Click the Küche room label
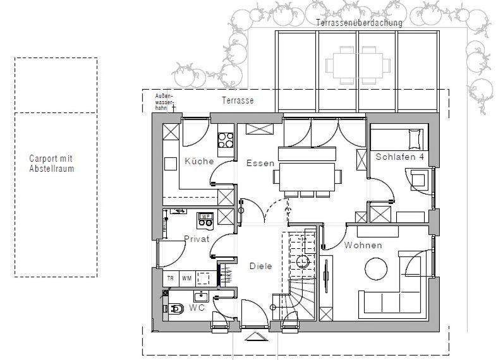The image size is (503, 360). pos(199,161)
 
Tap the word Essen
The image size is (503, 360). pos(260,163)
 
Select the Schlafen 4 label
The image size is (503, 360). pos(400,157)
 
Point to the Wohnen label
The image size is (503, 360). pos(363,245)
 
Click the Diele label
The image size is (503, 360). pos(260,266)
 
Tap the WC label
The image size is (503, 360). pos(197,308)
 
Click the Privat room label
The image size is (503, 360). pos(197,239)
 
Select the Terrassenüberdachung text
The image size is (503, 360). pos(359,23)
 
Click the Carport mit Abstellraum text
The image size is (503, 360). pos(51,164)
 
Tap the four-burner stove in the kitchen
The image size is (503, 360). pos(226,140)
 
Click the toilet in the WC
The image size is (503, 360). pos(176,309)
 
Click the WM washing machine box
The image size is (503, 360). pos(186,279)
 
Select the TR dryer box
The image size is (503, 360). pos(171,279)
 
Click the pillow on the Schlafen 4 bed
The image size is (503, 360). pos(415,139)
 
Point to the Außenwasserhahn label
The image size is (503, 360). pos(164,102)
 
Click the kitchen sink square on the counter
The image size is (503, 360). pos(171,164)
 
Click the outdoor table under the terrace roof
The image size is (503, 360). pos(358,65)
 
